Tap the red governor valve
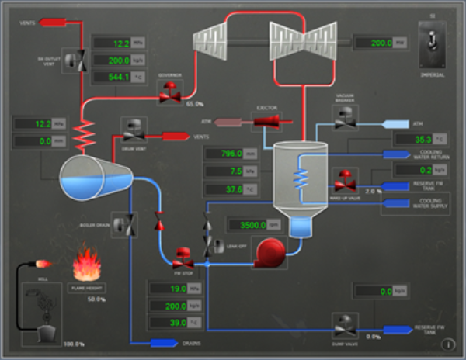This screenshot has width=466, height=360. (169, 94)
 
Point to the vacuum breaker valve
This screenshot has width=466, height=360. (344, 114)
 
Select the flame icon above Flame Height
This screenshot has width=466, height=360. (86, 265)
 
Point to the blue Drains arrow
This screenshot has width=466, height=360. (165, 343)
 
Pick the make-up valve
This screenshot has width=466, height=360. (344, 179)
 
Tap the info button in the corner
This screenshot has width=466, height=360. (449, 344)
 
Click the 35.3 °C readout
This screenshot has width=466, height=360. (411, 140)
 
